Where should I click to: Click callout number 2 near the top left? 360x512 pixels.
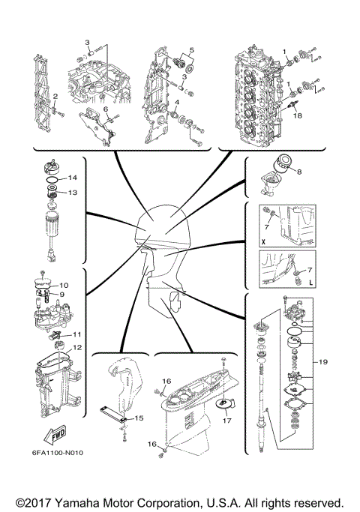click(55, 96)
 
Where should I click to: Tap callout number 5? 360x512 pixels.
click(191, 51)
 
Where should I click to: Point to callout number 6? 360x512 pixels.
click(106, 109)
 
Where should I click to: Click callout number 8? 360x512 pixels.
click(301, 172)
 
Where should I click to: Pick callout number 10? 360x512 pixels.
click(64, 286)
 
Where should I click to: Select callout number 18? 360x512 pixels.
click(297, 117)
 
